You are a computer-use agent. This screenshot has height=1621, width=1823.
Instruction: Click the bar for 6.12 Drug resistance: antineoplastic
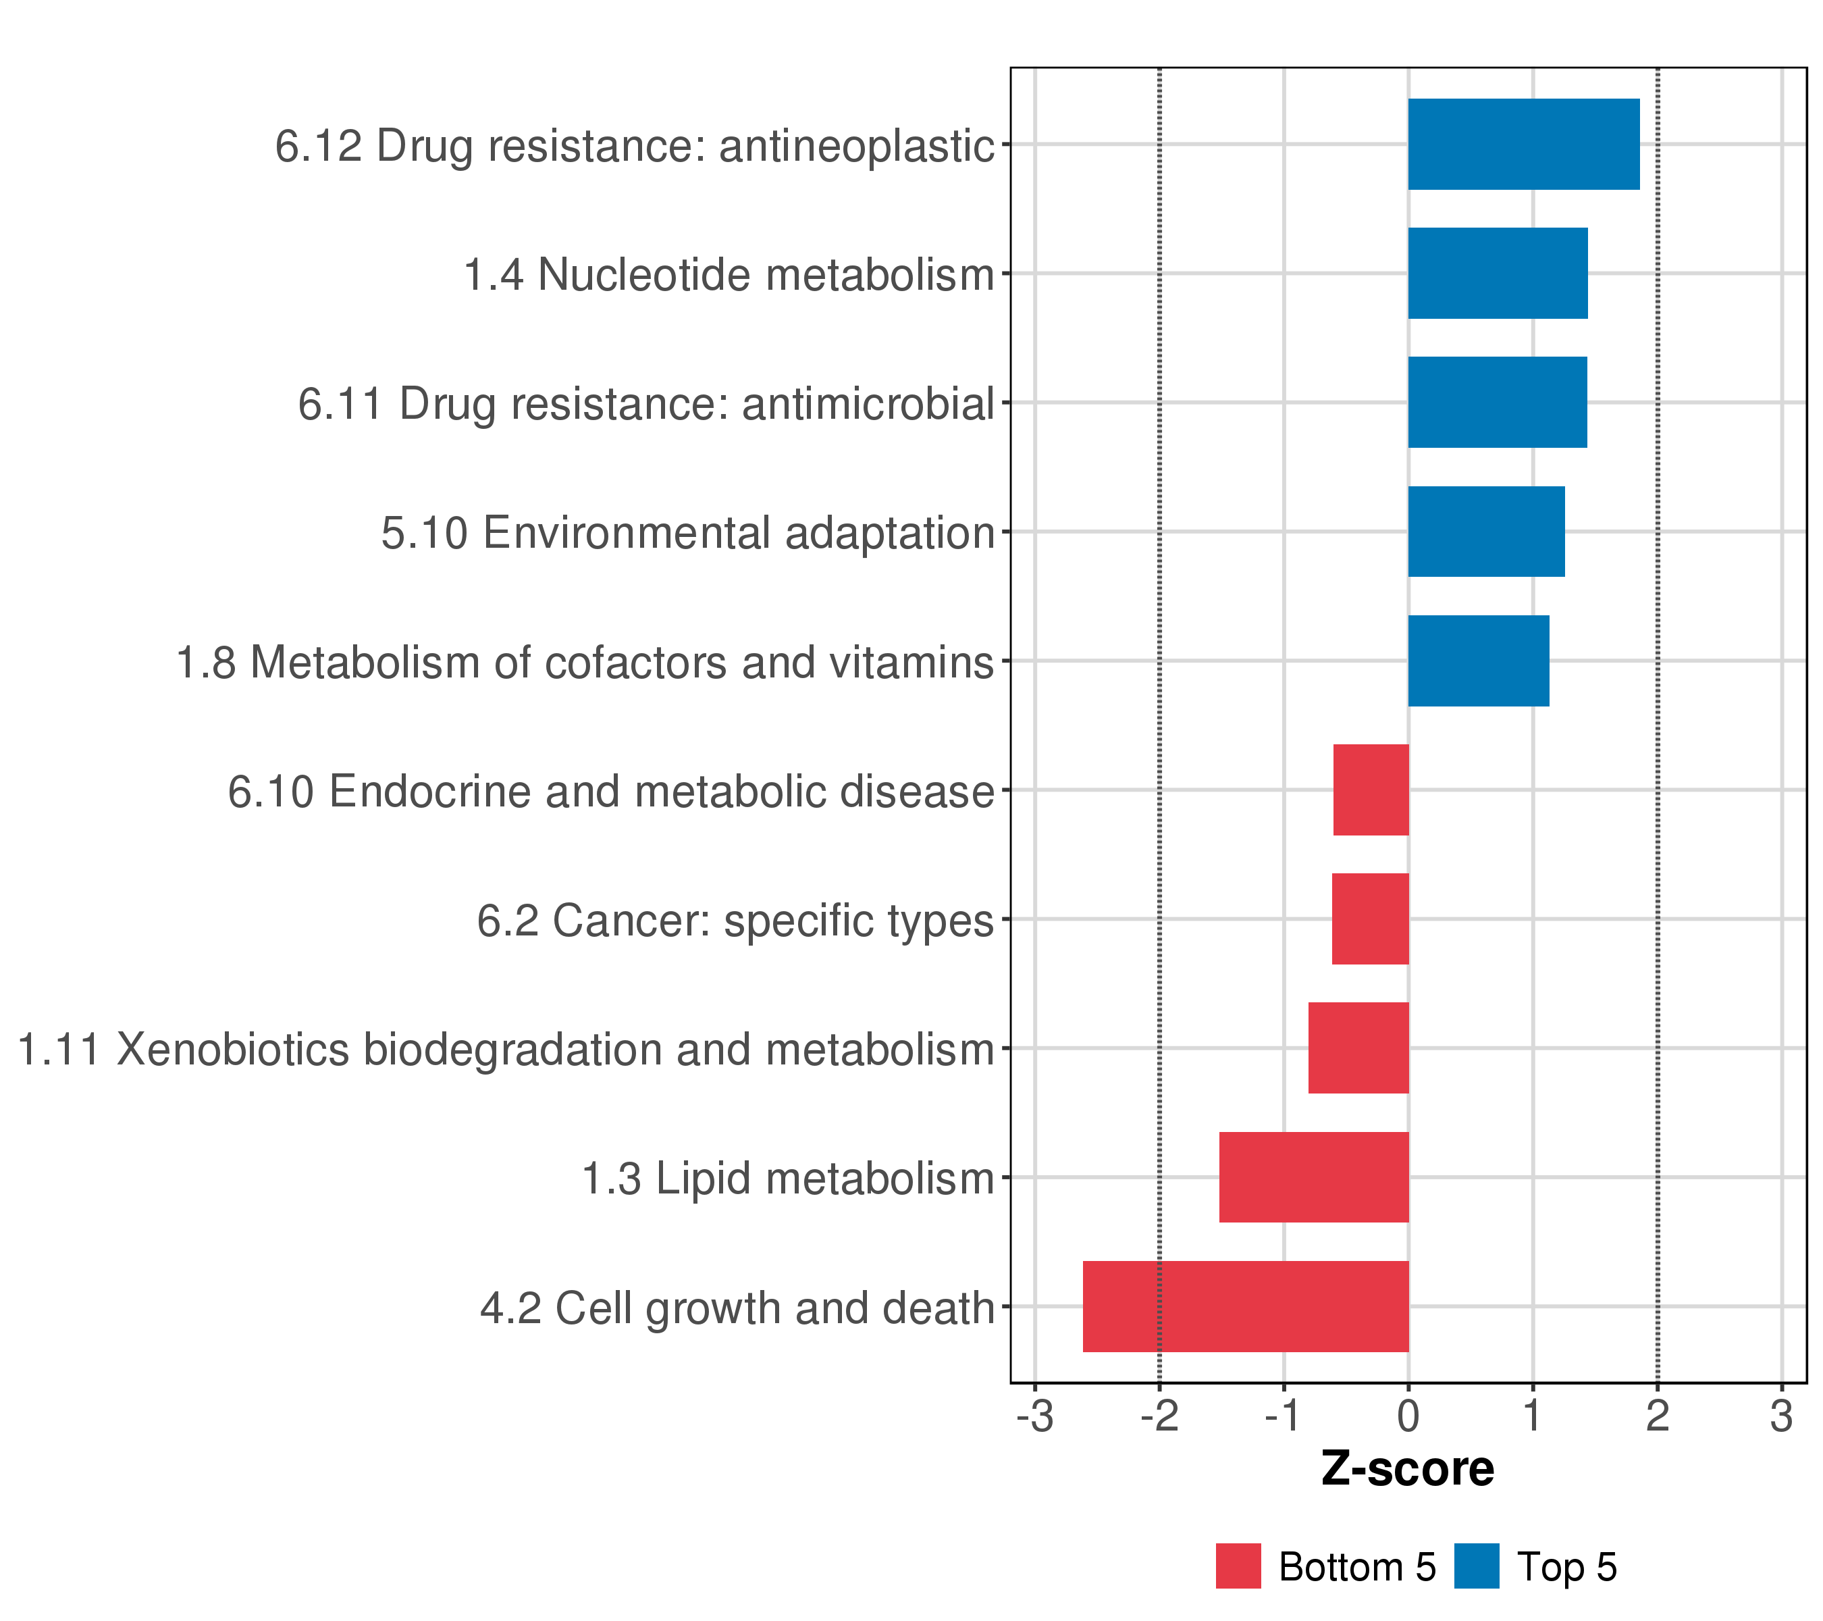pyautogui.click(x=1523, y=145)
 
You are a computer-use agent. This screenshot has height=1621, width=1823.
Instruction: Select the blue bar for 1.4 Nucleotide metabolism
pyautogui.click(x=1498, y=273)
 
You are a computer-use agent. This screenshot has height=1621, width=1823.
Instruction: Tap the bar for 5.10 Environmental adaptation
pyautogui.click(x=1486, y=532)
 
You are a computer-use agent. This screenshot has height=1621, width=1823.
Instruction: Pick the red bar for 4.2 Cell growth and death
pyautogui.click(x=1245, y=1306)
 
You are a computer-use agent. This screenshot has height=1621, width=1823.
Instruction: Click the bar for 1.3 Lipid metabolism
pyautogui.click(x=1314, y=1177)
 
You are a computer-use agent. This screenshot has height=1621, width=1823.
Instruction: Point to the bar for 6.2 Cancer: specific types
pyautogui.click(x=1370, y=919)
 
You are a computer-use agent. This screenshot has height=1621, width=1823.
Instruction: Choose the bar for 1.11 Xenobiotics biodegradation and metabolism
pyautogui.click(x=1358, y=1048)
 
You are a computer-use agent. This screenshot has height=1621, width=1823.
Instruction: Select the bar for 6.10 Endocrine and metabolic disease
pyautogui.click(x=1371, y=790)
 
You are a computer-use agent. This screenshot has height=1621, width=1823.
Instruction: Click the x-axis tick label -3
pyautogui.click(x=1034, y=1417)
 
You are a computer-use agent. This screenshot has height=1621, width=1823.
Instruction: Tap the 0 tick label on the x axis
pyautogui.click(x=1408, y=1417)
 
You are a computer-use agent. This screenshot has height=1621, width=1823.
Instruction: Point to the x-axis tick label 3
pyautogui.click(x=1781, y=1417)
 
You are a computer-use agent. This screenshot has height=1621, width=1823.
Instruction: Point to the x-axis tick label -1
pyautogui.click(x=1284, y=1417)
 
